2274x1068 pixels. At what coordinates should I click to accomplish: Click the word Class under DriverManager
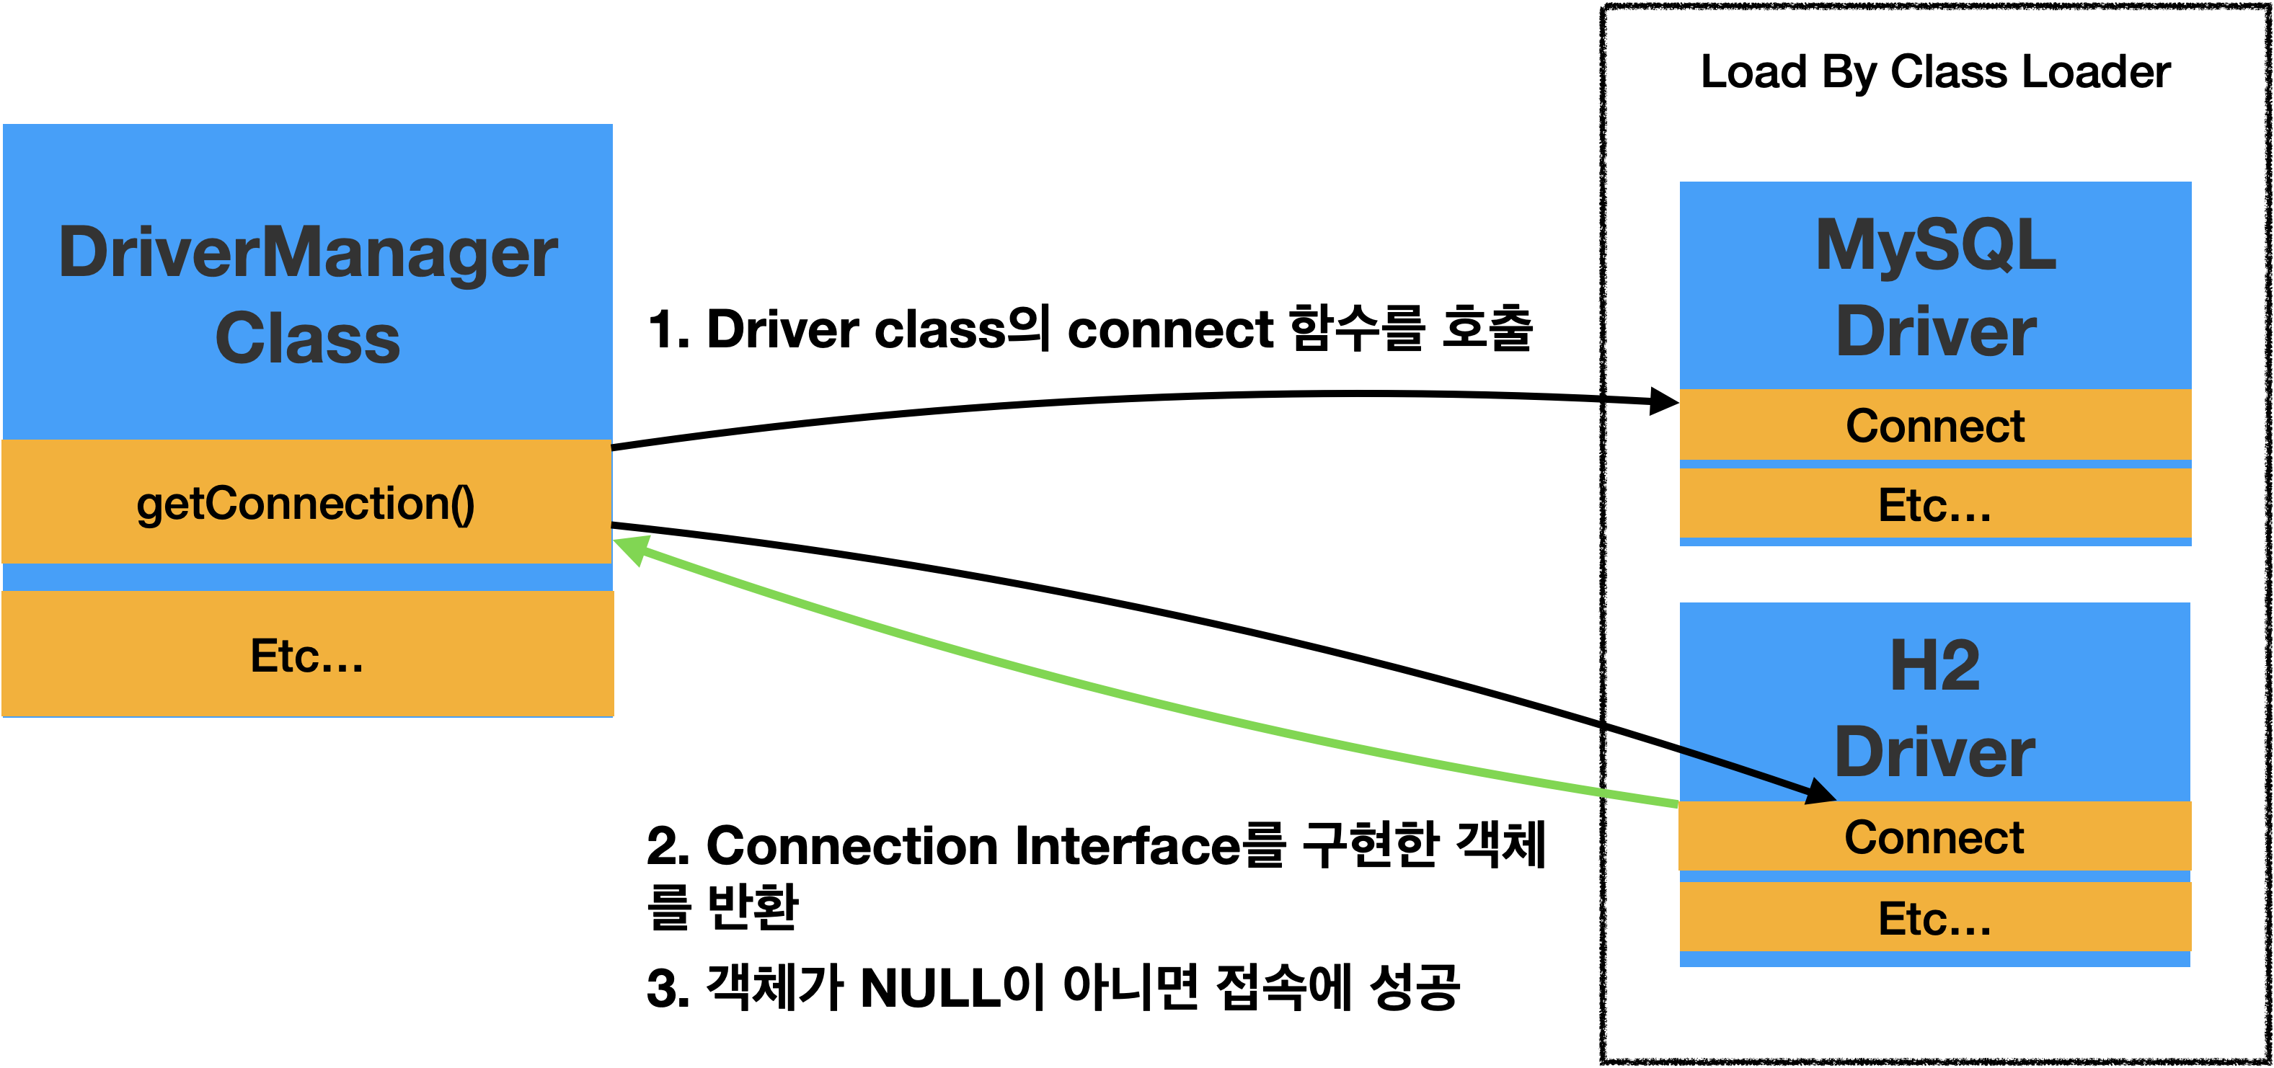coord(307,339)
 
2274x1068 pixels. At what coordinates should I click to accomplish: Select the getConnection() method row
coord(306,503)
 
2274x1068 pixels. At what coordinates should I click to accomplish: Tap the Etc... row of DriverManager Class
coord(307,655)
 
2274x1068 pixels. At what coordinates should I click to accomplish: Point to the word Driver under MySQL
coord(1935,332)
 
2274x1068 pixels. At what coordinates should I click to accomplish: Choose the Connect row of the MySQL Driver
coord(1935,425)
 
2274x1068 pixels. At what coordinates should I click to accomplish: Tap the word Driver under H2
coord(1935,752)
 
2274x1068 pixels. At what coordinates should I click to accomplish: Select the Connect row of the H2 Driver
coord(1935,837)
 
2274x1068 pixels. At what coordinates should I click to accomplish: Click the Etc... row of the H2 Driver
coord(1935,918)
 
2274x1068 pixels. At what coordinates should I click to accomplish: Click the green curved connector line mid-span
coord(1148,698)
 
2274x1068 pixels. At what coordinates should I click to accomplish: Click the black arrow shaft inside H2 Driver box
coord(1739,768)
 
